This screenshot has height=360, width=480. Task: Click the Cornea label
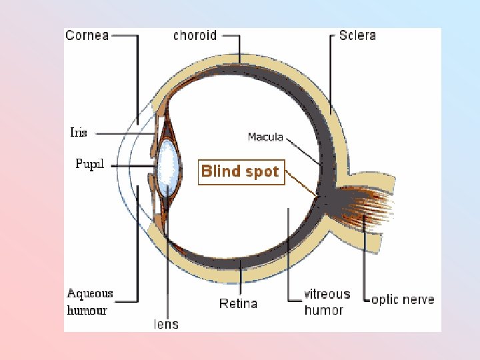point(87,35)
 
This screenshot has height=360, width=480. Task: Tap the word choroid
point(195,35)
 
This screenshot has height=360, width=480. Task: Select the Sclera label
point(357,35)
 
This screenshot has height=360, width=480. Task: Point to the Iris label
point(78,133)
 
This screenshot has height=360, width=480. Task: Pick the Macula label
point(265,137)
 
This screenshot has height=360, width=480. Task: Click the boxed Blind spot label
point(241,171)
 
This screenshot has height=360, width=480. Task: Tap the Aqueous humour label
point(90,301)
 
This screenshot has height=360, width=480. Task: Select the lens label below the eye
point(166,324)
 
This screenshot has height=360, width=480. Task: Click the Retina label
point(238,304)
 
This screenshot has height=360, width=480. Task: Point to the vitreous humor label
point(326,302)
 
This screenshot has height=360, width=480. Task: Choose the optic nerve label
point(402,300)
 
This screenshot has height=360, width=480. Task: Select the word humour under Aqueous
point(87,310)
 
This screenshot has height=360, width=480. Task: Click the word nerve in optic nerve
point(419,300)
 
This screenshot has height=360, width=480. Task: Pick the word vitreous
point(327,294)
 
